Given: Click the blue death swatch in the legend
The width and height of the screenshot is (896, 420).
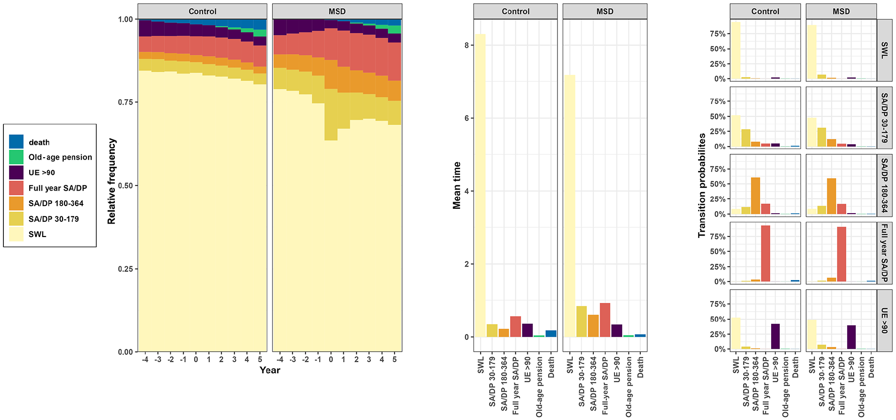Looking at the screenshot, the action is point(16,142).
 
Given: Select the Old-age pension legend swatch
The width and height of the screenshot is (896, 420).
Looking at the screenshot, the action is point(16,157).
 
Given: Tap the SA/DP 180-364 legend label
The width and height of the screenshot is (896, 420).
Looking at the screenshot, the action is point(56,204).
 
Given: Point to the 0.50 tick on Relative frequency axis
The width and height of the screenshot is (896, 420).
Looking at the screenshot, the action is point(126,185).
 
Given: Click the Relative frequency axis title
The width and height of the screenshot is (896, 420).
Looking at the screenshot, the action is point(112,181).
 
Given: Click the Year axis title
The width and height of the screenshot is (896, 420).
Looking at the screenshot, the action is point(270,370).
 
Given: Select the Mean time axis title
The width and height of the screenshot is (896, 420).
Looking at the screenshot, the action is point(457,185).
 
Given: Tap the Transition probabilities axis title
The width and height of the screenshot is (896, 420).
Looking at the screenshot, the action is point(701,185).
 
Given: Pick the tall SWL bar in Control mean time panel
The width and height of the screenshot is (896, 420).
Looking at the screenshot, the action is point(480,185).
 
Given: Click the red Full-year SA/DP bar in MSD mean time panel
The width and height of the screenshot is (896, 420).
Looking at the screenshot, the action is point(605,320).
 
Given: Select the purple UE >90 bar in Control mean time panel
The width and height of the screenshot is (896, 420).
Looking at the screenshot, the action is point(527,330).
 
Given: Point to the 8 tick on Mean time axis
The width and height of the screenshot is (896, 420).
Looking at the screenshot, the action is point(467,45).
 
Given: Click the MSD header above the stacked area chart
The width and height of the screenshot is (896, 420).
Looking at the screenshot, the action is point(337,11).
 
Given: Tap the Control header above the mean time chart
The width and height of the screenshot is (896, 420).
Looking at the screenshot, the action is point(516,11).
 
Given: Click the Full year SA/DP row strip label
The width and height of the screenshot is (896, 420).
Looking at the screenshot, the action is point(885,253).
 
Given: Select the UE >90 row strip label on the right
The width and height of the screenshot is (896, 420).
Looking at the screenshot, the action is point(885,321).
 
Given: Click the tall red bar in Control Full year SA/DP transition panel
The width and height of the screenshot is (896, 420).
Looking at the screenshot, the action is point(765,254).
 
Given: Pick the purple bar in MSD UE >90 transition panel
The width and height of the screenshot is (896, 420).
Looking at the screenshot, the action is point(851,337).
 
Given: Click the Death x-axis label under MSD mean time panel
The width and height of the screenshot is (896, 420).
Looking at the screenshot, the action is point(640,367).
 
